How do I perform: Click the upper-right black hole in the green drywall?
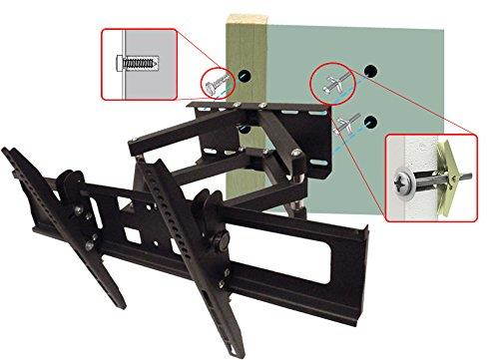(371, 71)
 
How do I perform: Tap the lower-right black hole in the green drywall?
(371, 122)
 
